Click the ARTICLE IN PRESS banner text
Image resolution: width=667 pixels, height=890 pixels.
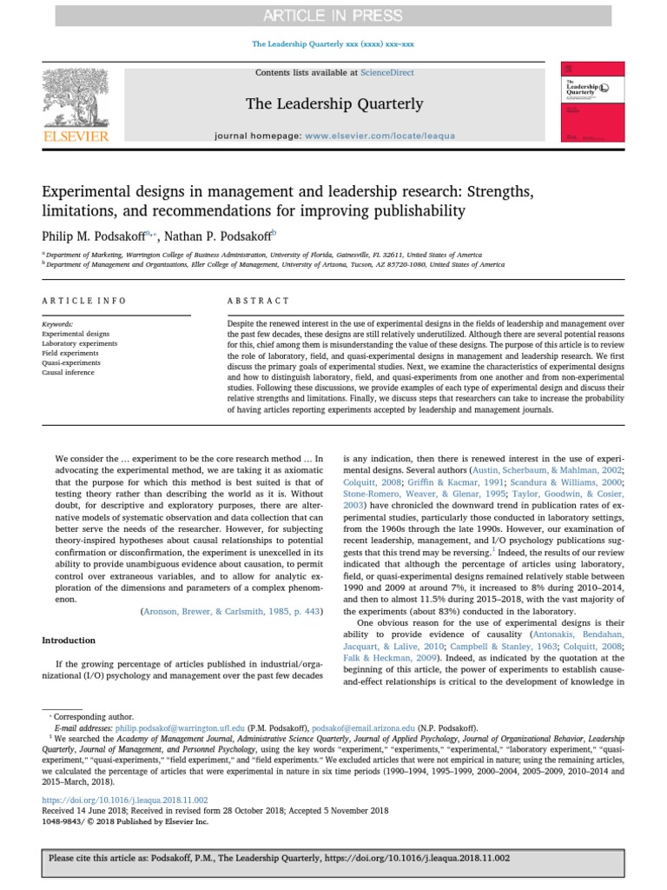point(333,16)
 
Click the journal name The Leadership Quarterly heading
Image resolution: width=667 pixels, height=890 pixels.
point(334,104)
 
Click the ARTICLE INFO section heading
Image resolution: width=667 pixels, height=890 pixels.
point(84,301)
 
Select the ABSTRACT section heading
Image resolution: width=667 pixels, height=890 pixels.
point(259,301)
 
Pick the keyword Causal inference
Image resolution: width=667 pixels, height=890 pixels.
point(69,371)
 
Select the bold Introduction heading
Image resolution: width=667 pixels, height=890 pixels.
point(69,641)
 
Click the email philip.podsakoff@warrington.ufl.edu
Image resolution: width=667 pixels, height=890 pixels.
point(159,726)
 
